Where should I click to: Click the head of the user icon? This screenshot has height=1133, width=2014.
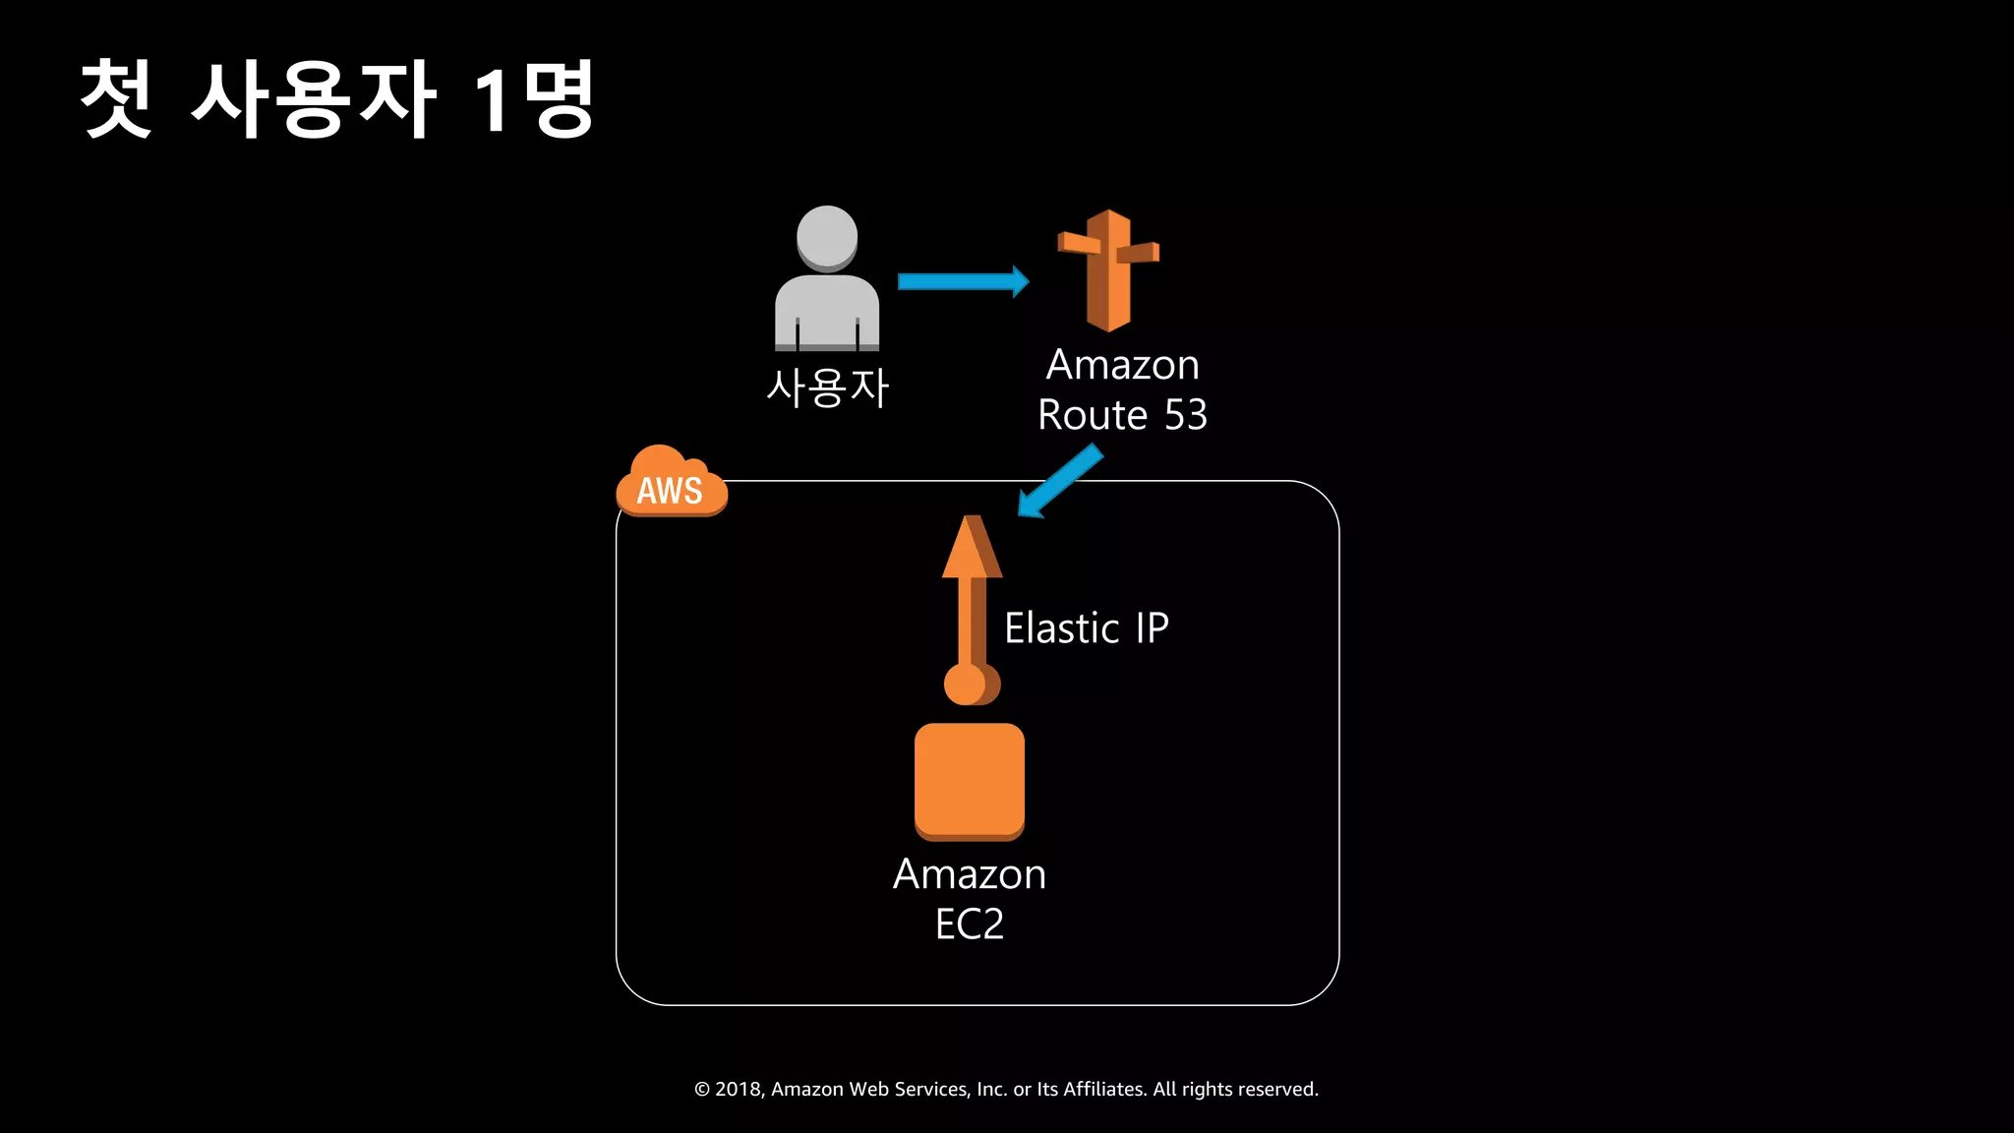827,237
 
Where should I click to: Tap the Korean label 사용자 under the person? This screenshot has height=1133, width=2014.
827,388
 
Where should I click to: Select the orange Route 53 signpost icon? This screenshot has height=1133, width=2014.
1108,270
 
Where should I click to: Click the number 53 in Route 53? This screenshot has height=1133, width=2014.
1185,415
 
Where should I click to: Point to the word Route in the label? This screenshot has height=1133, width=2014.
1093,415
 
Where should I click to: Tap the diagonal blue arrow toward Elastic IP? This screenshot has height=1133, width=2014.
1060,481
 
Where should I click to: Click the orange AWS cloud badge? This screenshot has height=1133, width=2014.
671,483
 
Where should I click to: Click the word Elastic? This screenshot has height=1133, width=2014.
1061,628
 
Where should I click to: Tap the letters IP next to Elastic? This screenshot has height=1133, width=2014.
1152,628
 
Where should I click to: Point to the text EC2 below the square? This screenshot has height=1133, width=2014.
970,924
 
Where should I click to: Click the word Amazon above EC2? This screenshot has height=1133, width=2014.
970,874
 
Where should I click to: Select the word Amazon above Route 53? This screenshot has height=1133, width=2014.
1122,365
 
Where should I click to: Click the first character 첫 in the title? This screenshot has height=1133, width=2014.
116,98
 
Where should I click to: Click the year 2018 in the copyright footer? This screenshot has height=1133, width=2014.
739,1089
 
